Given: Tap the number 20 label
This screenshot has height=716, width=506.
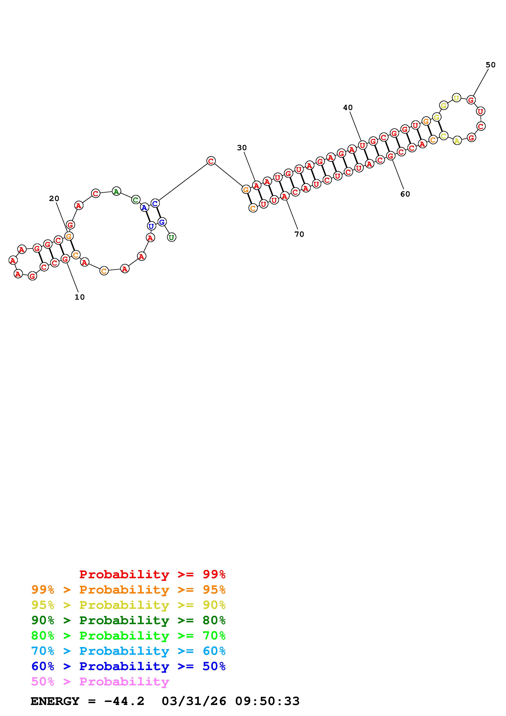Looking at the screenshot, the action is [54, 199].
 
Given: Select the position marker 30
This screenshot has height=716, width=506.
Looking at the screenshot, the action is [242, 148].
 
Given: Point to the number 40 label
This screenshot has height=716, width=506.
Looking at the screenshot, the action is [348, 108].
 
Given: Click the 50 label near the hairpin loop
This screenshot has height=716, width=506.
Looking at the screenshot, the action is [491, 65].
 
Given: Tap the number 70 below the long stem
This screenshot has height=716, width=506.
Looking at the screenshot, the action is [299, 234].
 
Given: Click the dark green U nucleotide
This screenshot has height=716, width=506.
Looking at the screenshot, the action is [171, 237].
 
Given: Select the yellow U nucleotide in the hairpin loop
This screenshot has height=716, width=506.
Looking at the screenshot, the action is [456, 98].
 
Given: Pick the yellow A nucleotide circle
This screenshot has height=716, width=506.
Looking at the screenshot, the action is [457, 141].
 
